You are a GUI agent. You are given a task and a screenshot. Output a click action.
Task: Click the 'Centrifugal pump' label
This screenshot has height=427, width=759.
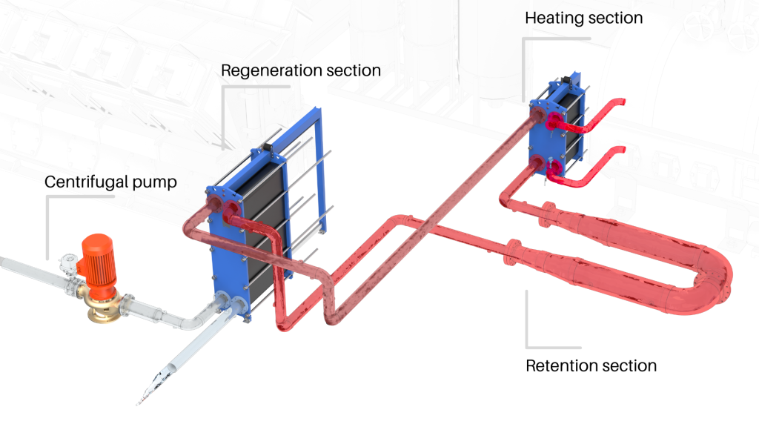pos(110,182)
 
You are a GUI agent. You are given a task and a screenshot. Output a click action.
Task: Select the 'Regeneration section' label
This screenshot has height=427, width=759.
pos(301,71)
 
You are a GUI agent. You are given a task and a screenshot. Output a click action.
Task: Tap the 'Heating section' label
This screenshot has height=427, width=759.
pos(583,18)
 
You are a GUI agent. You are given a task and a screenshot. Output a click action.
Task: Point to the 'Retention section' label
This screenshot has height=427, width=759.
pos(591,365)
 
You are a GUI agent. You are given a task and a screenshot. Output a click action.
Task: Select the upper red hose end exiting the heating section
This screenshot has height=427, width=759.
pos(619,104)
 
